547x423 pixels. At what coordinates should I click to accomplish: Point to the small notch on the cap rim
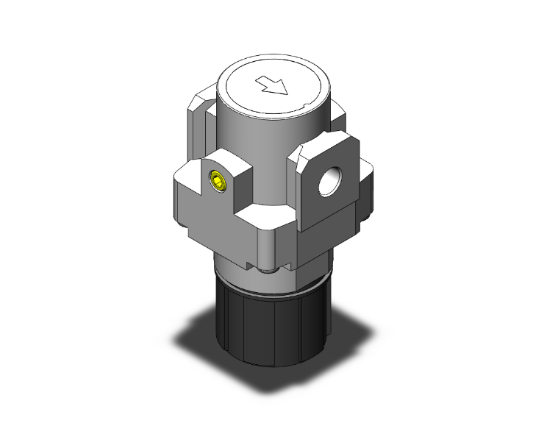pos(304,111)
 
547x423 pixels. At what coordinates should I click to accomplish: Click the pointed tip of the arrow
pos(283,93)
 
